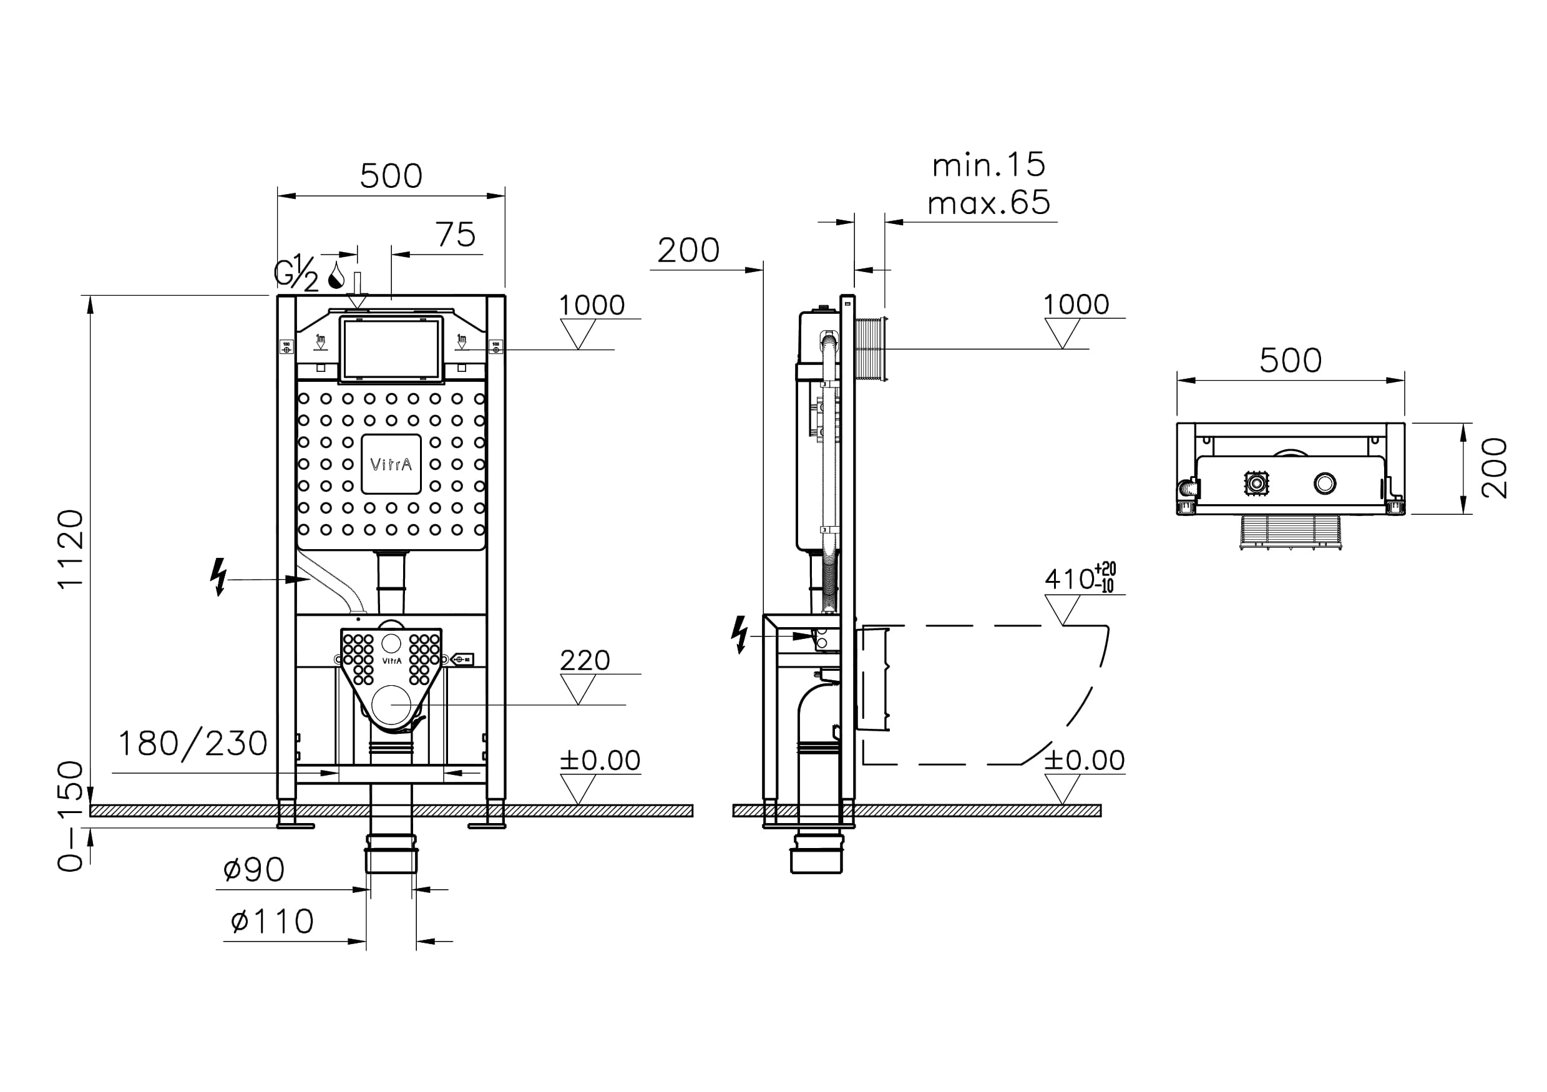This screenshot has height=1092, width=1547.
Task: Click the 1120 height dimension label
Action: click(x=71, y=549)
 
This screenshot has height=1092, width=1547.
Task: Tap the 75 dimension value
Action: click(x=456, y=235)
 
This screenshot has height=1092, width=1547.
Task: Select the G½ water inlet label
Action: click(x=296, y=272)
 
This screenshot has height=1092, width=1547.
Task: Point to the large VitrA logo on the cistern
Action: click(x=391, y=464)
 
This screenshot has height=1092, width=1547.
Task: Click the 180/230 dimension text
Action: click(x=193, y=744)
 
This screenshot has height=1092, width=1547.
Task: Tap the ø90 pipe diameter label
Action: click(x=254, y=870)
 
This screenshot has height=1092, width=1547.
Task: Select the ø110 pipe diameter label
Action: click(x=272, y=921)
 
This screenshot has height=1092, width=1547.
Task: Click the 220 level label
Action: click(x=585, y=660)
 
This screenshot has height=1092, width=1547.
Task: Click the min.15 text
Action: click(x=988, y=165)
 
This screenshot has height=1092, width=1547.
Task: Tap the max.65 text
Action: click(x=988, y=203)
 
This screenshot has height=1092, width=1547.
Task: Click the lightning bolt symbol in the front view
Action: click(x=218, y=577)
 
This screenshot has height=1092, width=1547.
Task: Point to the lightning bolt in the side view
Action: click(x=740, y=634)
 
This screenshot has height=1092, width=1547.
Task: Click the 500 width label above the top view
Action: click(x=1291, y=361)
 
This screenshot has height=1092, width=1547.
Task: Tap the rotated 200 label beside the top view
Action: click(x=1494, y=468)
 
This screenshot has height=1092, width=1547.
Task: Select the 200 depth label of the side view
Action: click(x=688, y=251)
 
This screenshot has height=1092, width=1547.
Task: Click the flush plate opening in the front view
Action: click(x=391, y=348)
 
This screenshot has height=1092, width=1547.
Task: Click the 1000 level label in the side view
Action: click(x=1076, y=305)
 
